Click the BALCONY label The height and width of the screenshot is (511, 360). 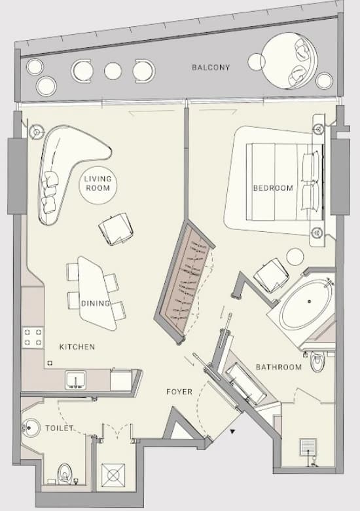point(211,67)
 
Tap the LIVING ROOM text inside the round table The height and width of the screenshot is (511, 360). point(98,183)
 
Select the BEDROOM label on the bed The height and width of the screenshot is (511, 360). point(273,188)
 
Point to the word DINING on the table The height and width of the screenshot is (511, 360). point(96,303)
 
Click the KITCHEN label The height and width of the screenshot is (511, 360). point(77,347)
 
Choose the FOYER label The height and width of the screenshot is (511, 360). point(179,392)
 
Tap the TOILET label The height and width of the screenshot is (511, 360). point(59,428)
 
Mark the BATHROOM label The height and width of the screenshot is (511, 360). point(279,368)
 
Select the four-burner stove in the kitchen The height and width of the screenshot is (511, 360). point(33,337)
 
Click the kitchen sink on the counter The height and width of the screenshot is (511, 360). point(75,380)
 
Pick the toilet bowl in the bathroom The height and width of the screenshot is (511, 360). point(317,362)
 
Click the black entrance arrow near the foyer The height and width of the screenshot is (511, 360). point(232,432)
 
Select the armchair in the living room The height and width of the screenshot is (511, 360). point(117,229)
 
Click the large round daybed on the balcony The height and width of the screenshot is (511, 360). point(289,61)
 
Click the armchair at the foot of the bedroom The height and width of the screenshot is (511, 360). point(271,275)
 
